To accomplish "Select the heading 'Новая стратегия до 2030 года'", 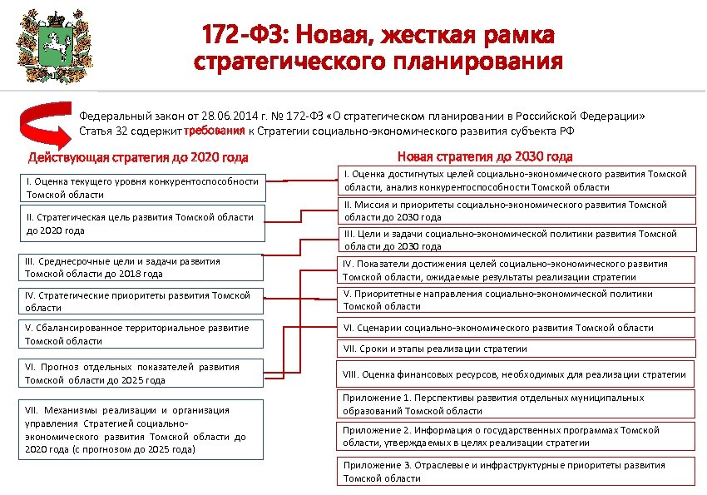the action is click(x=485, y=156).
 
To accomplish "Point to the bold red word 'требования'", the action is click(x=214, y=131).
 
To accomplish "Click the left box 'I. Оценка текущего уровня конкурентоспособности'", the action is click(x=142, y=188).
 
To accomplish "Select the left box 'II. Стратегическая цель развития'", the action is click(x=142, y=224).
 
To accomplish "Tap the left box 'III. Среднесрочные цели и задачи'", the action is click(x=142, y=267).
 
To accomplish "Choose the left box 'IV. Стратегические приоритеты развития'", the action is click(x=142, y=301).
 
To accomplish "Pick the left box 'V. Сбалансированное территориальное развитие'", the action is click(x=142, y=334).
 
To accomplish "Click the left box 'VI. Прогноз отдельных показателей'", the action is click(x=142, y=374).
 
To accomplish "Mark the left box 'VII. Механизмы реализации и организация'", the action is click(x=142, y=429).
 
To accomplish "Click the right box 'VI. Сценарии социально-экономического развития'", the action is click(x=516, y=328).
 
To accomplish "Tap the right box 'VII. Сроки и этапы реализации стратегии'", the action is click(x=516, y=349).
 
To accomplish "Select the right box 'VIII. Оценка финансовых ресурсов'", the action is click(x=516, y=375).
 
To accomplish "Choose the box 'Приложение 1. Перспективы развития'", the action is click(x=516, y=404).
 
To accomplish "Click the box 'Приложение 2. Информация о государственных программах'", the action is click(x=516, y=436).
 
